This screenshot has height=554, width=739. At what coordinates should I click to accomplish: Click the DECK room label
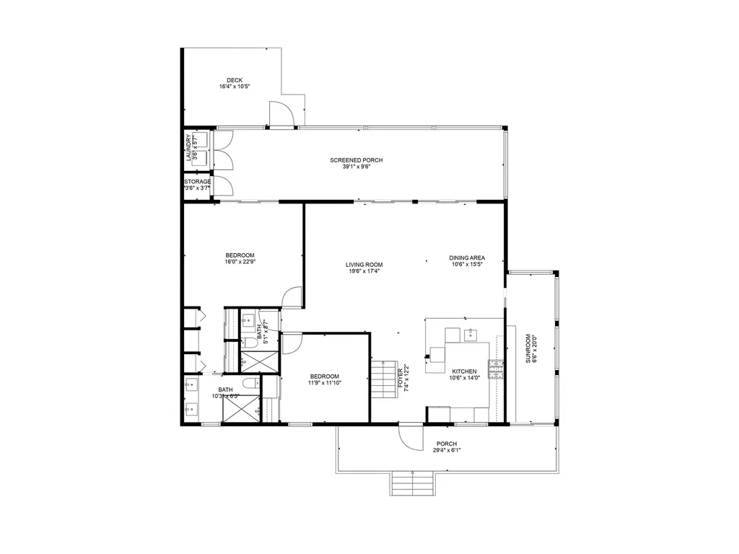tap(235, 80)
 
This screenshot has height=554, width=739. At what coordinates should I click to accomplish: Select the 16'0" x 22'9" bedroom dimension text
tap(240, 262)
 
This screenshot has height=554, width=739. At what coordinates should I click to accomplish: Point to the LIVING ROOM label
tap(363, 265)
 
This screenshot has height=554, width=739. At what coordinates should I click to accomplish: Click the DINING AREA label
tap(466, 258)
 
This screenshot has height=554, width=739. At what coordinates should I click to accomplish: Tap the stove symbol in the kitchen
tap(497, 369)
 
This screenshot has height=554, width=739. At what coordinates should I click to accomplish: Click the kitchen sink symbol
tap(471, 334)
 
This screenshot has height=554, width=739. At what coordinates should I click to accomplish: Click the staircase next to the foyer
tap(385, 380)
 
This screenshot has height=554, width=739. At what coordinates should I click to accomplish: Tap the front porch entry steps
tap(412, 483)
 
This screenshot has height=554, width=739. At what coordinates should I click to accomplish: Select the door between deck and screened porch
tap(281, 115)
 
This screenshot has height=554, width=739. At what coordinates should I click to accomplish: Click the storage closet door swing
tap(223, 185)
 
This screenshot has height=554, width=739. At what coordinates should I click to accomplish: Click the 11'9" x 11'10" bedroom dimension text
tap(324, 383)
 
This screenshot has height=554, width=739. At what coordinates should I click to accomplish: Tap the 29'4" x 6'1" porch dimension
tap(447, 450)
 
